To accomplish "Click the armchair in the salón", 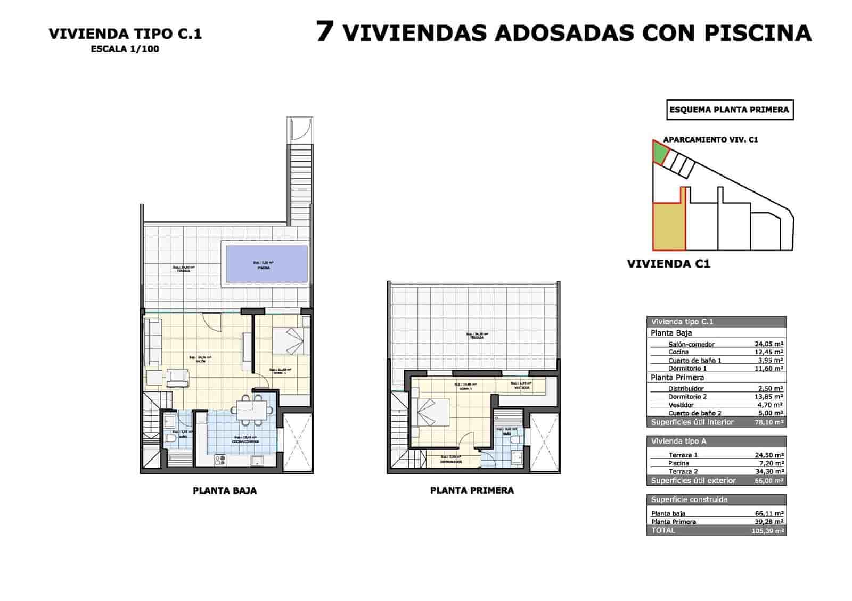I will [x=177, y=378].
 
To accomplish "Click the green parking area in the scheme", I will [x=660, y=154].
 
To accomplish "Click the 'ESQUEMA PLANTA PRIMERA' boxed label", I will [x=730, y=110].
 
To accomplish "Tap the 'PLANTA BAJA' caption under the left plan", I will [x=225, y=490].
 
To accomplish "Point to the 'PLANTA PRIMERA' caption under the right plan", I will [x=472, y=490].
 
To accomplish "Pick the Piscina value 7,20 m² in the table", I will [x=770, y=463].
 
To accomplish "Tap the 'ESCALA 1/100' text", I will [x=125, y=49].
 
